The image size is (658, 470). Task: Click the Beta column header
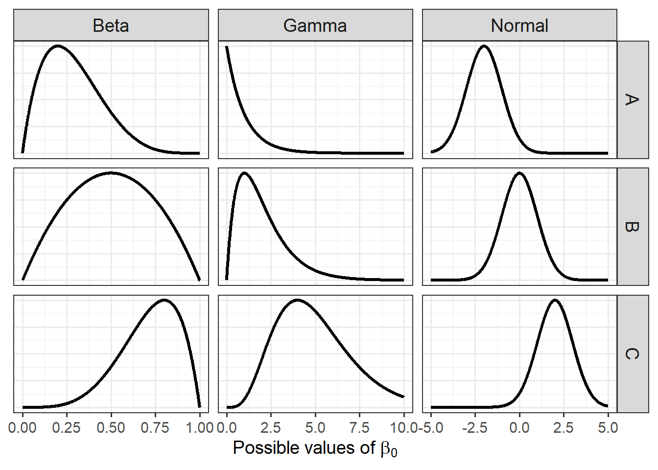111,25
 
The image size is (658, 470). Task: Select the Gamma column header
315,25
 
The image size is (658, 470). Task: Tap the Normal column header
519,25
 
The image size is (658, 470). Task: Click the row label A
632,100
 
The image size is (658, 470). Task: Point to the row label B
632,227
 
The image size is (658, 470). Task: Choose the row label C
632,353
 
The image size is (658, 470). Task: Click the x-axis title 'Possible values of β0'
315,448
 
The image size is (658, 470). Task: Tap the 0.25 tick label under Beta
67,428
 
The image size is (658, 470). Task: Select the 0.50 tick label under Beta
111,428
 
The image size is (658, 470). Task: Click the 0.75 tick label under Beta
155,428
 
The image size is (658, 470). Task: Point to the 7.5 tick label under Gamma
359,428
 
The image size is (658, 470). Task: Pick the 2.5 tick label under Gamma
271,428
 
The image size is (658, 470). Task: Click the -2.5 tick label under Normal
474,428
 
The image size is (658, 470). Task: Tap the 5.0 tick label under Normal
608,428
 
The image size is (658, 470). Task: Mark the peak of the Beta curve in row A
58,46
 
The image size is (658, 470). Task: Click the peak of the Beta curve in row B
111,172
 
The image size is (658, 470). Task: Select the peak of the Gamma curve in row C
297,300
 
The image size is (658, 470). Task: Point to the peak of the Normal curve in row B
519,173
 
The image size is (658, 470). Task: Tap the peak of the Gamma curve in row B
244,173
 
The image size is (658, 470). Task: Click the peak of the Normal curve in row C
555,300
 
